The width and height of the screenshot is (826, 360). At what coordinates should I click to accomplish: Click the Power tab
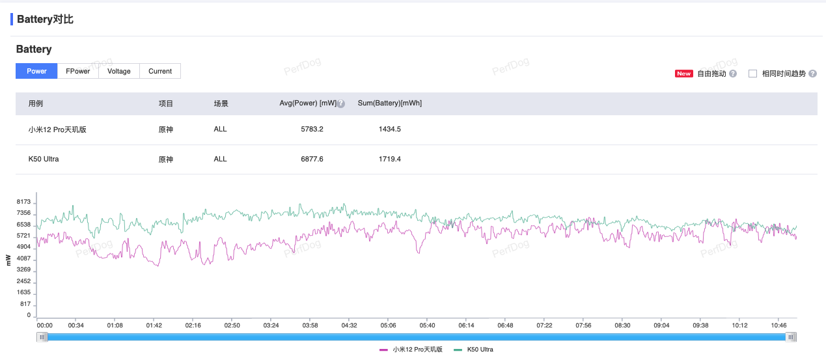click(36, 71)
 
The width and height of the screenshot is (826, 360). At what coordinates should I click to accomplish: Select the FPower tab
click(78, 71)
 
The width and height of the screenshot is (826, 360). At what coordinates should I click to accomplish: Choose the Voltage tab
click(119, 71)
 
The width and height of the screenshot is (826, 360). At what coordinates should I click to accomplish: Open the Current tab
click(160, 71)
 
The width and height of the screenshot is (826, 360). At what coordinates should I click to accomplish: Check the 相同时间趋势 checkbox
click(753, 74)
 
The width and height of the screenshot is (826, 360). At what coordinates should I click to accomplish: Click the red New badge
click(683, 74)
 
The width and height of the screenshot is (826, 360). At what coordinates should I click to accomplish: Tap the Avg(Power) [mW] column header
click(308, 104)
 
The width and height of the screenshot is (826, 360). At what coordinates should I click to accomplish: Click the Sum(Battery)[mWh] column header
click(390, 104)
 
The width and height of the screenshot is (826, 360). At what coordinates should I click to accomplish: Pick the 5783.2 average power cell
click(312, 129)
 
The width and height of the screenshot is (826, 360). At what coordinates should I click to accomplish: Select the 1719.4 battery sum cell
click(390, 159)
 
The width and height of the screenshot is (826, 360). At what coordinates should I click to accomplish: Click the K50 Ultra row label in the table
click(44, 159)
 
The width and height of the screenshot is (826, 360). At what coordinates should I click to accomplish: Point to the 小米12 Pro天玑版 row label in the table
click(57, 130)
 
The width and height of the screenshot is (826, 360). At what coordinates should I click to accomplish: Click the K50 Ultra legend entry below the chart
click(480, 350)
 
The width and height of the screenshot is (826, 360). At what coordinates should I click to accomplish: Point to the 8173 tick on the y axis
click(23, 202)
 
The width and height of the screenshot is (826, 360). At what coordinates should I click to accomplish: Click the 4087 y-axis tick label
click(23, 258)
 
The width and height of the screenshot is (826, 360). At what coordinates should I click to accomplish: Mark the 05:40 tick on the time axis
click(428, 325)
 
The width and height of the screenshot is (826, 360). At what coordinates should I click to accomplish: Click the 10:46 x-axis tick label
click(779, 325)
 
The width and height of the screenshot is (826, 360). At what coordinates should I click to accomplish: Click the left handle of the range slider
click(42, 337)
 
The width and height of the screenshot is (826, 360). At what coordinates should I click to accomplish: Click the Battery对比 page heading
click(45, 20)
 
